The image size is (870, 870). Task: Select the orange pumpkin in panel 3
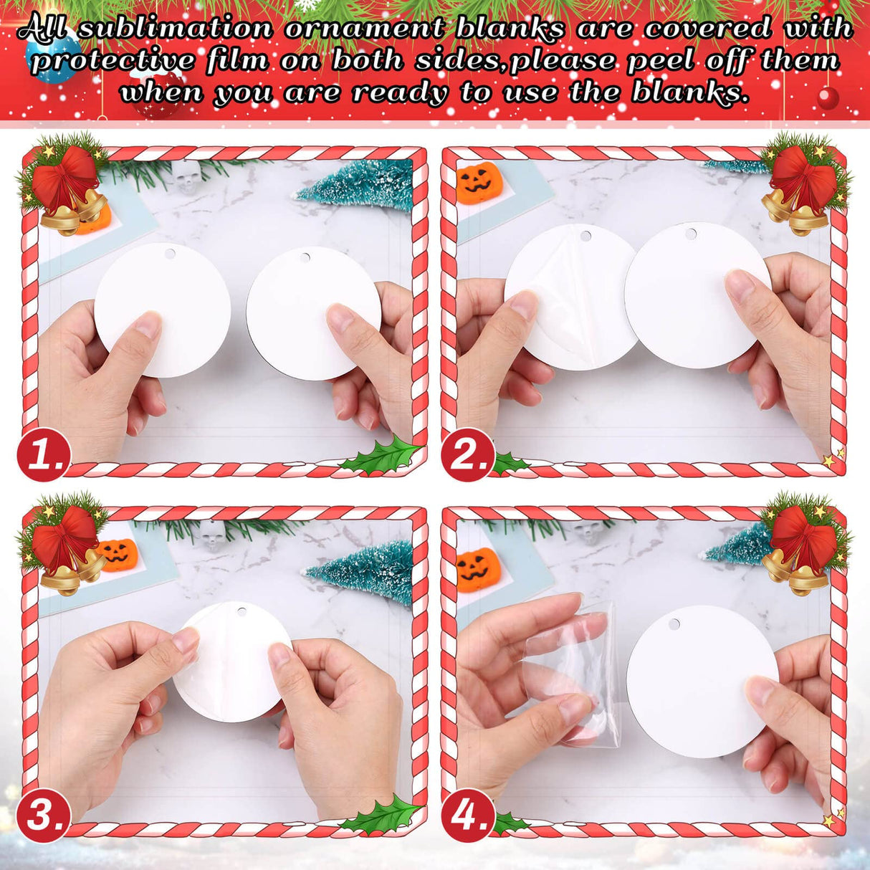118,553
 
